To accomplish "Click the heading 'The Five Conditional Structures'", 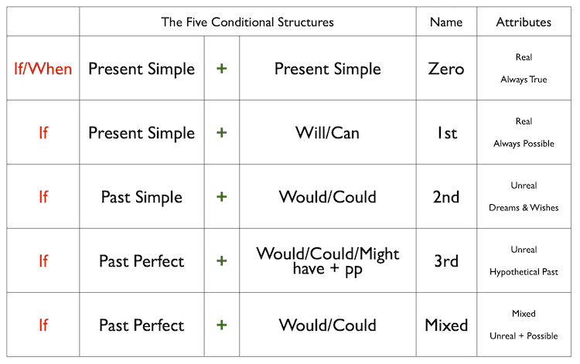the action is (247, 22).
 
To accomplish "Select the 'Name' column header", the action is (445, 22).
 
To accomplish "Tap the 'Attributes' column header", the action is (524, 22).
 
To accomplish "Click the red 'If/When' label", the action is (43, 69).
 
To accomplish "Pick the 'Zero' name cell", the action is (446, 69).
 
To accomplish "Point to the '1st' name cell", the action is (446, 133).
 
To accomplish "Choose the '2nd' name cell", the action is (446, 196).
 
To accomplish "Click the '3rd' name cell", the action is (446, 260).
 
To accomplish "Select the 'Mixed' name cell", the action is (446, 325).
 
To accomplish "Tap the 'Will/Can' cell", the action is (327, 133).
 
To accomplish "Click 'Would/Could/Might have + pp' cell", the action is (327, 260).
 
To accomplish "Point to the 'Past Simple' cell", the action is (142, 196).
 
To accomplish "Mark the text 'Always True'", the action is (524, 80).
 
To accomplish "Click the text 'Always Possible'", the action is (524, 144).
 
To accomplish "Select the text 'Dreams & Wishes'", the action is (524, 208).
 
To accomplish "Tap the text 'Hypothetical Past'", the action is (524, 272).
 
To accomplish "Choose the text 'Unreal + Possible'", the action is (524, 336).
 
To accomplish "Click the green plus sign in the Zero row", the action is (222, 69).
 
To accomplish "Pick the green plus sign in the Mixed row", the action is (222, 325).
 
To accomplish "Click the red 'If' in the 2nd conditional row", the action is (43, 196).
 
